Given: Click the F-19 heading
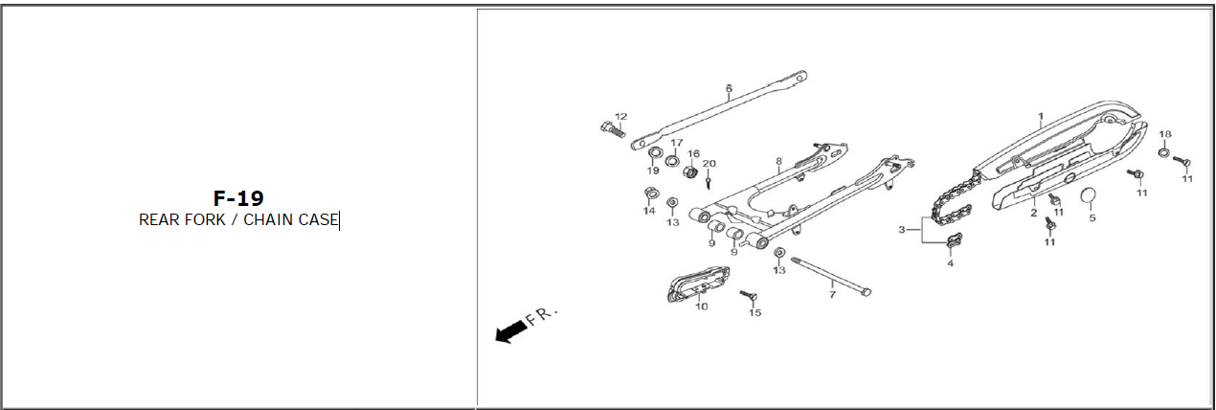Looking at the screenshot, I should pyautogui.click(x=238, y=198).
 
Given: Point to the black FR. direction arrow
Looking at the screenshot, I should pyautogui.click(x=510, y=330).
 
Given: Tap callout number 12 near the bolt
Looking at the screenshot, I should pyautogui.click(x=620, y=117).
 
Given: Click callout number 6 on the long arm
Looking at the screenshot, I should pyautogui.click(x=729, y=88).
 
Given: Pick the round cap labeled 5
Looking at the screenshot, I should pyautogui.click(x=1089, y=197).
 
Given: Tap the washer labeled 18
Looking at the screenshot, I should pyautogui.click(x=1163, y=152).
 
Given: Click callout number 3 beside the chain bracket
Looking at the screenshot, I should pyautogui.click(x=901, y=230).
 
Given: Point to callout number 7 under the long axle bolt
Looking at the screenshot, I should pyautogui.click(x=832, y=295).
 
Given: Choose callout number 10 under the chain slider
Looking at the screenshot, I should pyautogui.click(x=701, y=307).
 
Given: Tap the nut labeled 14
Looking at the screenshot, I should pyautogui.click(x=648, y=195).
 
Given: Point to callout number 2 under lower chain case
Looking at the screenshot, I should pyautogui.click(x=1034, y=213).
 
